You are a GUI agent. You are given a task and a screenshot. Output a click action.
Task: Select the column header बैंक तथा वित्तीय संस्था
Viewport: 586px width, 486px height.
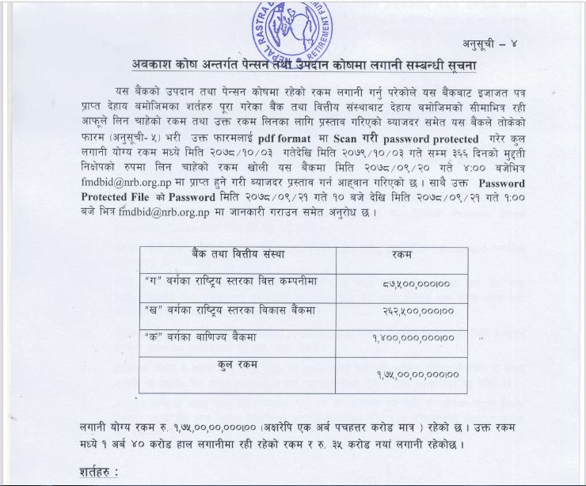pyautogui.click(x=238, y=255)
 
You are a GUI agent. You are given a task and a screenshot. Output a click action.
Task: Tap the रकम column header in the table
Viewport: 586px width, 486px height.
pyautogui.click(x=410, y=256)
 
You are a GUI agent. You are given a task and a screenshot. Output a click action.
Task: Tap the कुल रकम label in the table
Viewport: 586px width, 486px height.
pyautogui.click(x=240, y=365)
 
